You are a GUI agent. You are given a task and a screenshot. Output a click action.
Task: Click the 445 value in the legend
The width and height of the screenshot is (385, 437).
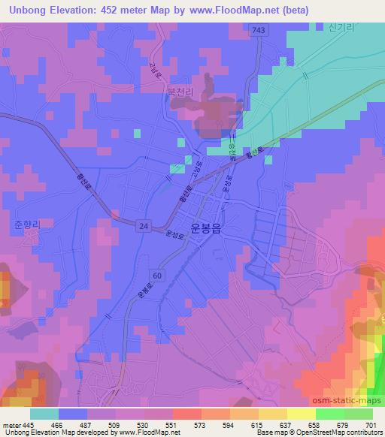pos(28,425)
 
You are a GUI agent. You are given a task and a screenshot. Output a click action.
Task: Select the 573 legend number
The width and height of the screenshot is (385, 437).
pos(201,425)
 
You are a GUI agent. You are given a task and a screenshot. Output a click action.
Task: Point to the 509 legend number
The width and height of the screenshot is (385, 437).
pos(115,425)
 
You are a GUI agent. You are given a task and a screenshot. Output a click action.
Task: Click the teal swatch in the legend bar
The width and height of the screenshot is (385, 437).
pos(44,414)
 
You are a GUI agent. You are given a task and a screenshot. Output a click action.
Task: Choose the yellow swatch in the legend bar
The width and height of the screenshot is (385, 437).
pos(302,414)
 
